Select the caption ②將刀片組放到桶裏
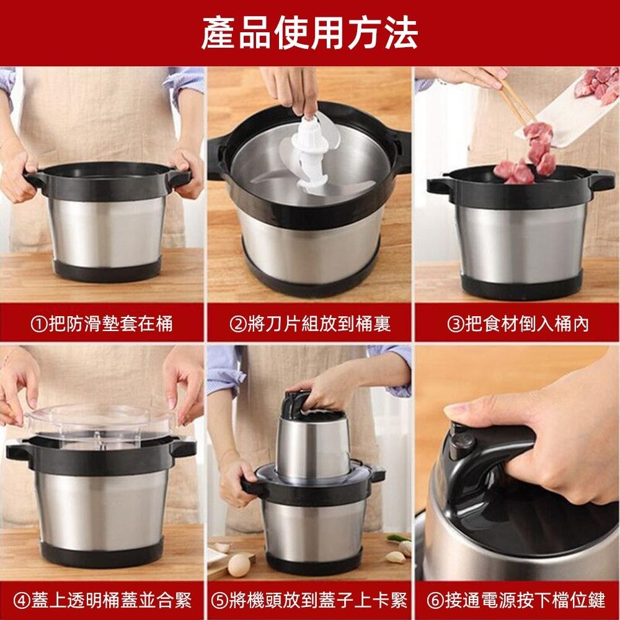(x=309, y=323)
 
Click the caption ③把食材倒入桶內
(x=517, y=323)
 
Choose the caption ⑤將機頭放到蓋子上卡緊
(x=309, y=600)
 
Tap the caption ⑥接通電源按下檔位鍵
(x=517, y=600)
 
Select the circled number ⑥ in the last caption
(x=435, y=600)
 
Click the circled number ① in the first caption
(x=38, y=323)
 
